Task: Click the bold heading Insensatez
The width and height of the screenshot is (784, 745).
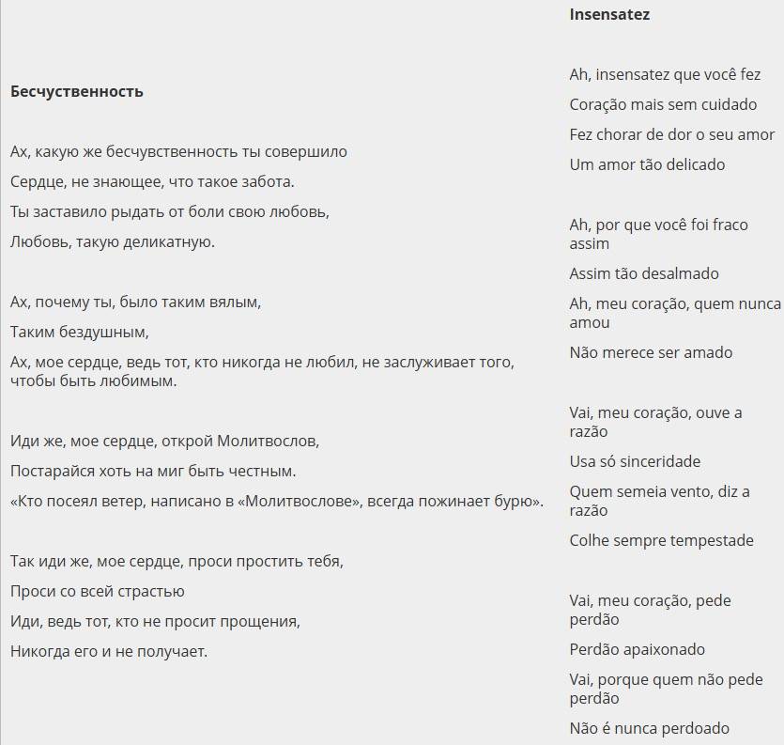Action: [x=609, y=15]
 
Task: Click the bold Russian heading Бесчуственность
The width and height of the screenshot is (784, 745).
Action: [x=77, y=91]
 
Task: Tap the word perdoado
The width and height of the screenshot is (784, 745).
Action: [x=696, y=728]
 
